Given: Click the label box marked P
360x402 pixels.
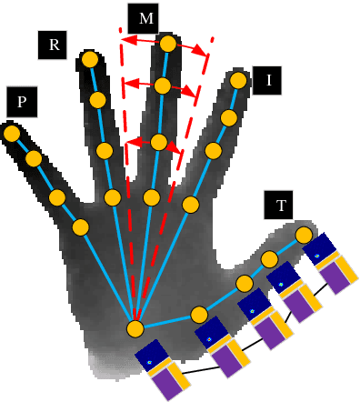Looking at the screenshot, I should click(21, 102).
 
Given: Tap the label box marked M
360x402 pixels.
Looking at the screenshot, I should click(142, 17).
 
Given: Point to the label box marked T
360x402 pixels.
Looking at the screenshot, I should click(279, 206).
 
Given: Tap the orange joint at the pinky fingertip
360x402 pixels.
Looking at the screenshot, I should click(12, 134).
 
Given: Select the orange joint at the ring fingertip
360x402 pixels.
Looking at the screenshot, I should click(90, 60).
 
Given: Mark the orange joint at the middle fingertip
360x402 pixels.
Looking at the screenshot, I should click(168, 44).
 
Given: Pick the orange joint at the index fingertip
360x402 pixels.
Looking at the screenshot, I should click(238, 81).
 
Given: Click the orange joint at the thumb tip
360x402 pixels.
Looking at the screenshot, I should click(304, 236).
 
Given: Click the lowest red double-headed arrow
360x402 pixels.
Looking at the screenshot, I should click(145, 142).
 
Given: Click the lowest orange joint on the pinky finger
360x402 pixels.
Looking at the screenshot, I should click(80, 226).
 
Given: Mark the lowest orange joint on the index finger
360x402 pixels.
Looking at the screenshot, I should click(190, 205).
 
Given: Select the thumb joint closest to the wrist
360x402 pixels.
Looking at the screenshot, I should click(198, 315).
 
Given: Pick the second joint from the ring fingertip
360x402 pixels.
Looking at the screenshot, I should click(99, 99).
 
